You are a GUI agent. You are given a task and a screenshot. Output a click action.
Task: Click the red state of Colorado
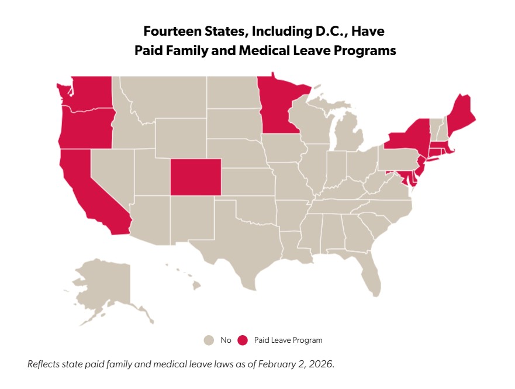(x=196, y=176)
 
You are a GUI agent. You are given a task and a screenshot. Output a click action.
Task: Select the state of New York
(x=410, y=137)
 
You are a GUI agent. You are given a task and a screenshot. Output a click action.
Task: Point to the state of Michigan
(x=350, y=135)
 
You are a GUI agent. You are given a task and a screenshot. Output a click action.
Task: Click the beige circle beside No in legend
(x=209, y=340)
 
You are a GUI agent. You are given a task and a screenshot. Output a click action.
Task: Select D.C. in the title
(x=320, y=30)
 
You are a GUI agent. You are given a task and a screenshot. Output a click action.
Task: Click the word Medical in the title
(x=261, y=51)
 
